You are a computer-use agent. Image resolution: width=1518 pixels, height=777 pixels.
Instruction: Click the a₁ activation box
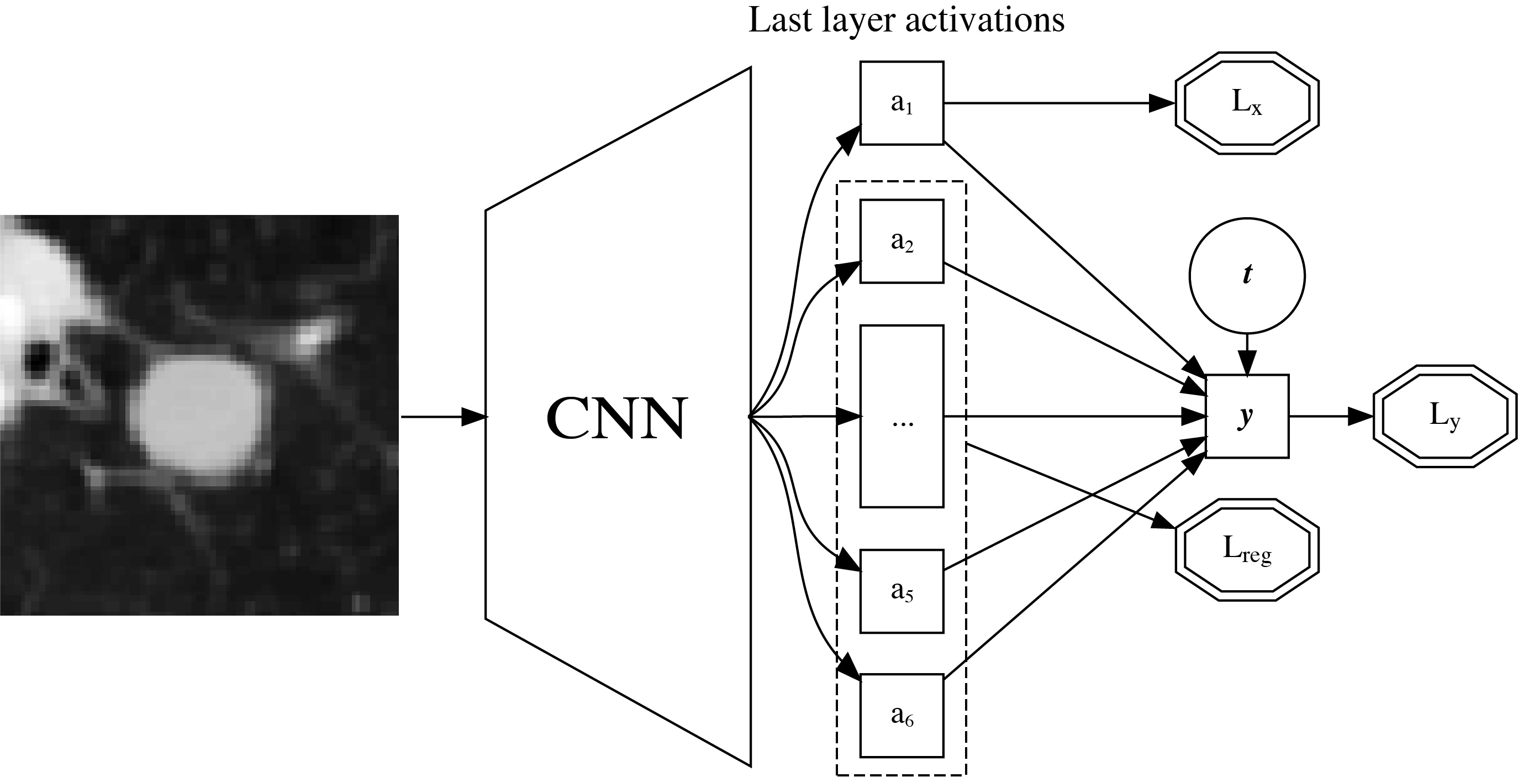click(902, 103)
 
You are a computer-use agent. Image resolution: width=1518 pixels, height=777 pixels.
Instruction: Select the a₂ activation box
click(902, 241)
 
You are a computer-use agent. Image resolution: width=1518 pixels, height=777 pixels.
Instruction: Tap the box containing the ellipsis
click(902, 416)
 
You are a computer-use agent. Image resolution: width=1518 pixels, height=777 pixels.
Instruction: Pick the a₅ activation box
click(902, 591)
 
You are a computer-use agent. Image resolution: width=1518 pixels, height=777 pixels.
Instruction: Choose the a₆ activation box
click(902, 715)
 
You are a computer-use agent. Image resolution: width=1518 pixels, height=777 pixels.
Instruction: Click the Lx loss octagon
click(1247, 103)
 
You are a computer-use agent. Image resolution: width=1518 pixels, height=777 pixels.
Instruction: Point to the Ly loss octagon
click(1445, 416)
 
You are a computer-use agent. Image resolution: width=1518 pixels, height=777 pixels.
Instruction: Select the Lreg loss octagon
click(1247, 550)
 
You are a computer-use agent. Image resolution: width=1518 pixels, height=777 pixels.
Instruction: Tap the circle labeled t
click(1247, 275)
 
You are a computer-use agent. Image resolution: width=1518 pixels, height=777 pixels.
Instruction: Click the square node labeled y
click(1247, 416)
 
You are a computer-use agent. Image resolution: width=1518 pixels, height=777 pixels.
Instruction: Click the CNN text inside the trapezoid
click(616, 417)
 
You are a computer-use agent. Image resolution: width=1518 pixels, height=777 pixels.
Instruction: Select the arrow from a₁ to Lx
click(1049, 103)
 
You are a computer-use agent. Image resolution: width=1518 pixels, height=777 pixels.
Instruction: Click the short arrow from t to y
click(1247, 354)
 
